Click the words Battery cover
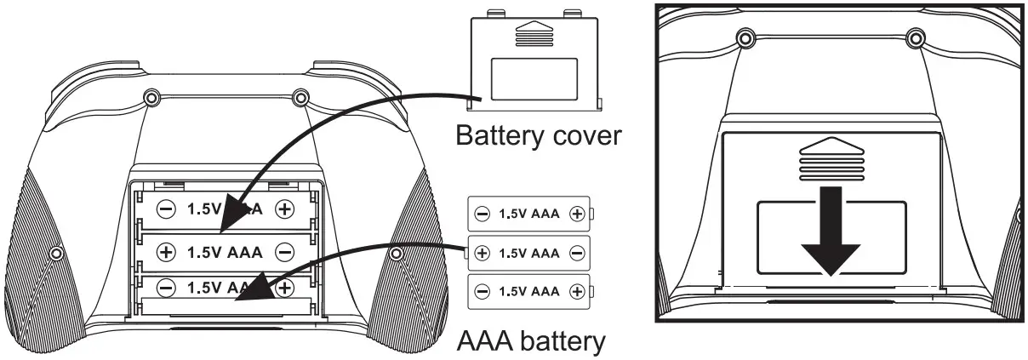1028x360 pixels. [x=538, y=135]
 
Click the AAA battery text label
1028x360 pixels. [x=531, y=341]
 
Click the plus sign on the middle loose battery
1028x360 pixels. [x=483, y=253]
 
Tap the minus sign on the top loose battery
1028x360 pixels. [x=483, y=214]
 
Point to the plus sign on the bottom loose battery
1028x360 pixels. [x=576, y=291]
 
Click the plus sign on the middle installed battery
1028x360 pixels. [x=167, y=252]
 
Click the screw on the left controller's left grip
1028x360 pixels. [x=56, y=254]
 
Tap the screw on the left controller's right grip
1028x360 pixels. [x=395, y=254]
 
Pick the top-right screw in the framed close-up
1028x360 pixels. [x=916, y=37]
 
